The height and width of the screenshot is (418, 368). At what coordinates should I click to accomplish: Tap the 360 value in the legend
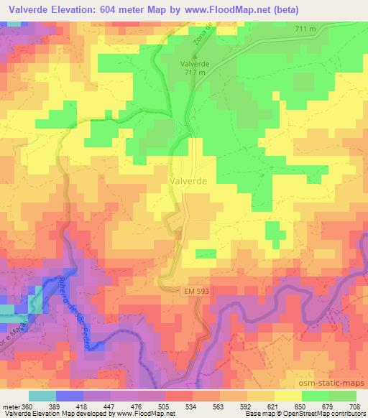[28, 407]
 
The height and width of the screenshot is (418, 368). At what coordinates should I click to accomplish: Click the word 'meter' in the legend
[10, 407]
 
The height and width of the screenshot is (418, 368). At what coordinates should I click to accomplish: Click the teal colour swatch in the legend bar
[42, 396]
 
